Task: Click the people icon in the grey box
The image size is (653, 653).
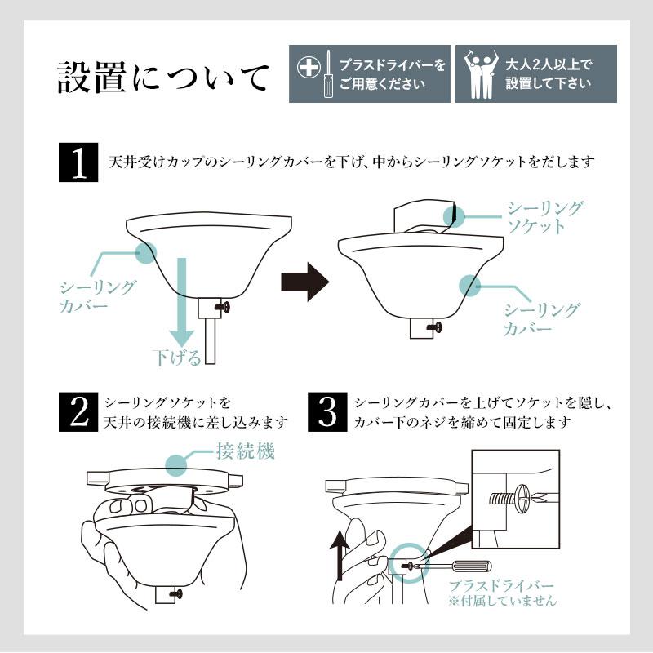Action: (478, 73)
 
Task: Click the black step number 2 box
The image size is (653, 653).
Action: (80, 413)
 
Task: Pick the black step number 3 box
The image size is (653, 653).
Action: (327, 413)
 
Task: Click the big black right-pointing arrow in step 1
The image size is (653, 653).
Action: (304, 282)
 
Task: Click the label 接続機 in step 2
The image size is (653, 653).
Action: (244, 451)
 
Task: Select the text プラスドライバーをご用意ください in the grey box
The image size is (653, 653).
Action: (393, 73)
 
